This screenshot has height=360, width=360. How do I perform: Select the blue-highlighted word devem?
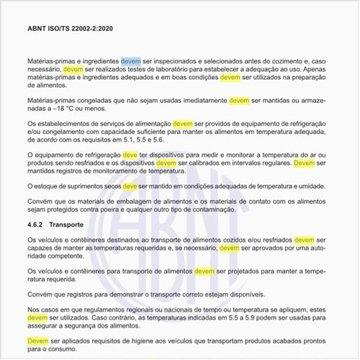coord(131,61)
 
